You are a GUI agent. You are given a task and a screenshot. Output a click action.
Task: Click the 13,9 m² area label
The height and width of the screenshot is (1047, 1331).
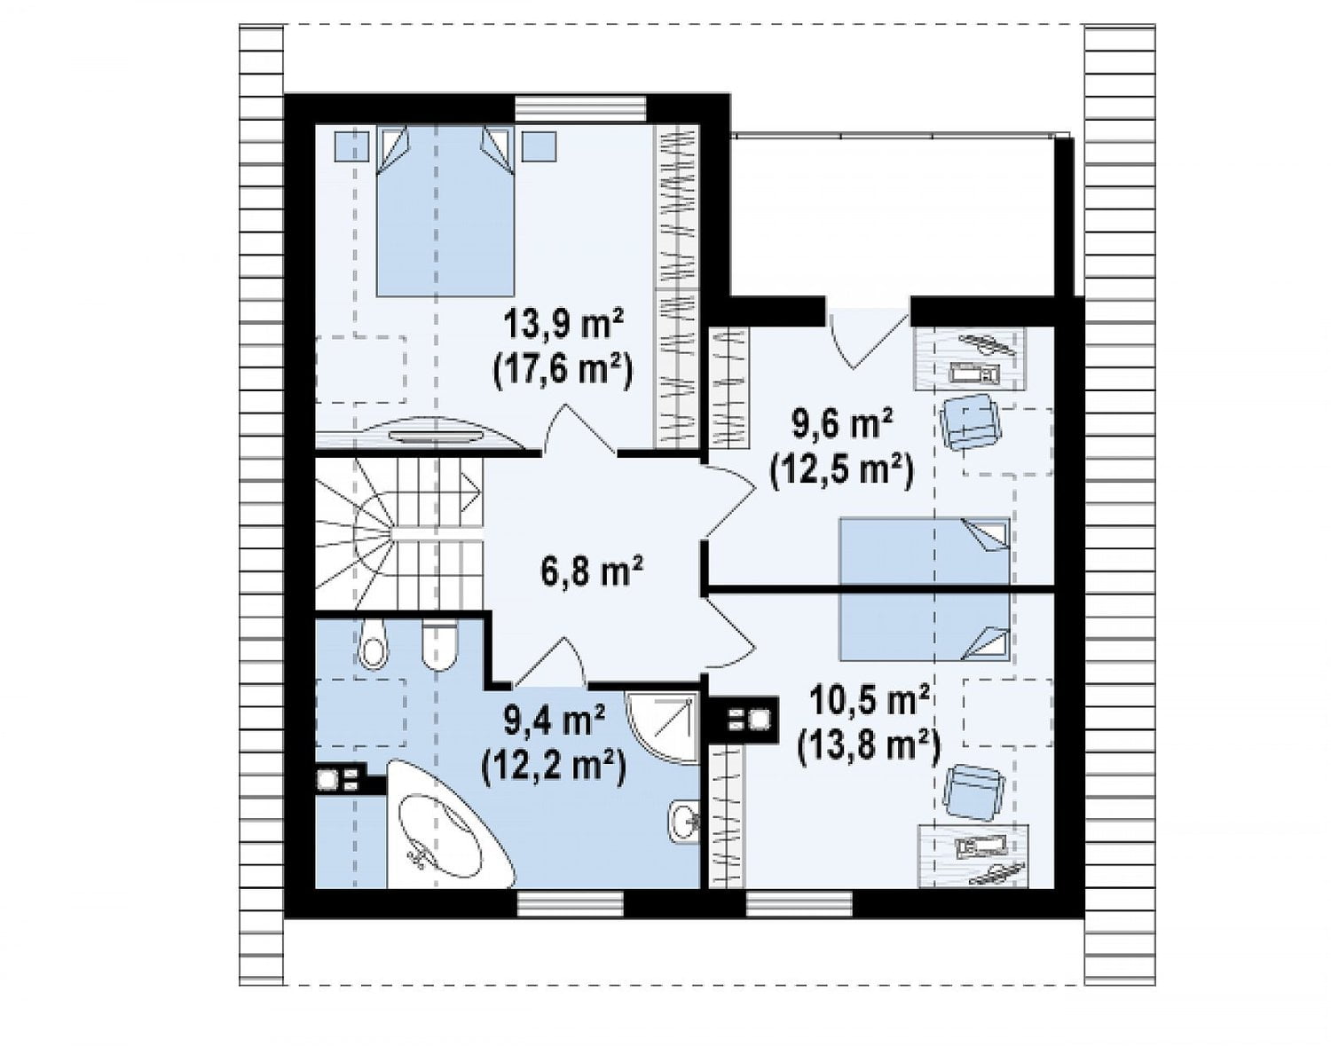[x=564, y=326]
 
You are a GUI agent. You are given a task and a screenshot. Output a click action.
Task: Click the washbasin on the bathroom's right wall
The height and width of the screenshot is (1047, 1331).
[x=683, y=822]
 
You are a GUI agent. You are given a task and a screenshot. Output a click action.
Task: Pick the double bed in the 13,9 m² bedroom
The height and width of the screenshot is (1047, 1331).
[x=444, y=211]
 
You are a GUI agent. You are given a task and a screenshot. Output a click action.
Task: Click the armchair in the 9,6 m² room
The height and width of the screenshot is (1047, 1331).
[x=969, y=421]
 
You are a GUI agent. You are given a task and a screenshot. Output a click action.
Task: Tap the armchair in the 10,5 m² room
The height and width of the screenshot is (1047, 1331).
[x=973, y=789]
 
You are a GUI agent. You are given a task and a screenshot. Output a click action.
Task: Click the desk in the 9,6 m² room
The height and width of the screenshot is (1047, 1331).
[x=970, y=359]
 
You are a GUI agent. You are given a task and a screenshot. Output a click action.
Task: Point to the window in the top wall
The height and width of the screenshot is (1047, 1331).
[x=581, y=109]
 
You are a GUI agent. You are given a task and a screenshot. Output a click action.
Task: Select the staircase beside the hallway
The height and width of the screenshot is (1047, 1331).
[x=399, y=533]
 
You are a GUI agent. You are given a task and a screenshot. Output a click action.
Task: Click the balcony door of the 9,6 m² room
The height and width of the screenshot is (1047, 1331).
[x=869, y=339]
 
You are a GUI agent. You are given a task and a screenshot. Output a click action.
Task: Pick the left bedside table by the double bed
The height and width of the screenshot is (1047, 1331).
[x=351, y=146]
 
